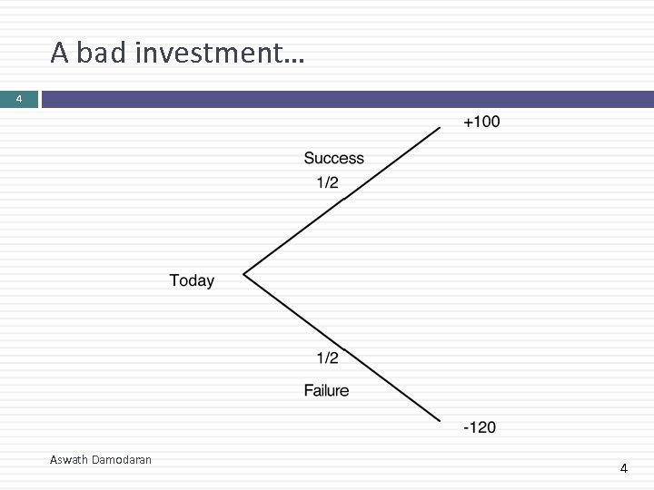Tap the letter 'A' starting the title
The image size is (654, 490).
60,54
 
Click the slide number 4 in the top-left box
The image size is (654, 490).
18,99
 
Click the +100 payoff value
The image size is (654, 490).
481,122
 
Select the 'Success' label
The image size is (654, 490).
333,158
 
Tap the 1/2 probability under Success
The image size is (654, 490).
327,182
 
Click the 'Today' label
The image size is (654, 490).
192,280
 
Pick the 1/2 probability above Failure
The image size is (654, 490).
327,358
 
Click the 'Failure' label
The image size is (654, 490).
326,390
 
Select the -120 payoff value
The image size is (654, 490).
480,426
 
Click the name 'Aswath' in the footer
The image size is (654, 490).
70,460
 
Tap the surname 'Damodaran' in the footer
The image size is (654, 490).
122,460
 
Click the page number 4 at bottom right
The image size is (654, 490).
623,468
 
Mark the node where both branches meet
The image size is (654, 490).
244,272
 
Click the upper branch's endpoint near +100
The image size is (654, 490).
440,128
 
